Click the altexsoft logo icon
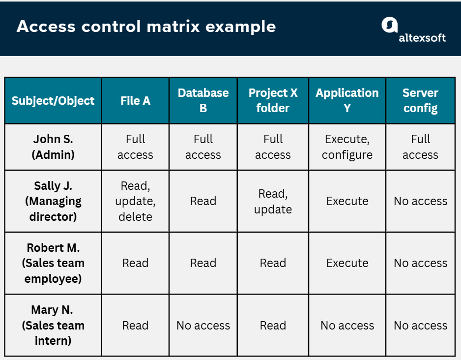(389, 26)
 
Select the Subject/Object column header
(53, 101)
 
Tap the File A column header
(135, 101)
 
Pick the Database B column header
(203, 100)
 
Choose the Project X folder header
(273, 100)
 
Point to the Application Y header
(347, 100)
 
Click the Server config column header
(420, 100)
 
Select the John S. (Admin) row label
(53, 147)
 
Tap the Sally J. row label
(53, 201)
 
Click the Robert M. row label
(53, 263)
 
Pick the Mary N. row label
(53, 325)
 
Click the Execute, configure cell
(347, 147)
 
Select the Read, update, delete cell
(135, 201)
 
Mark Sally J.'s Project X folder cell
(273, 201)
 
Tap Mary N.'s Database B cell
(203, 325)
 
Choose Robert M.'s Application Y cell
(347, 263)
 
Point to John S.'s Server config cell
(420, 147)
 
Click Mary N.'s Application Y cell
(347, 325)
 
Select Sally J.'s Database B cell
(203, 201)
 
